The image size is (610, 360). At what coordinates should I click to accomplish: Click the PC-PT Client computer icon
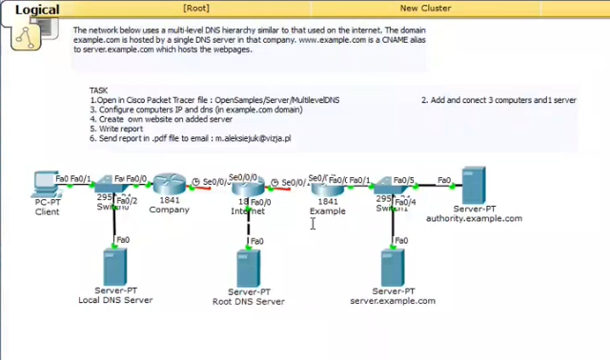[43, 182]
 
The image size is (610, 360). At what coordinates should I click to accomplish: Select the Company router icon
[171, 186]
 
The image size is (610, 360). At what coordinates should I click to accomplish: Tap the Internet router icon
[249, 186]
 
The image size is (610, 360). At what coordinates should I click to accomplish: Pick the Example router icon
[327, 186]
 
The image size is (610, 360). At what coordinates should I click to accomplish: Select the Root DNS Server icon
[250, 266]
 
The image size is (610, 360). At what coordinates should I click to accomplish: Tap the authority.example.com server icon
[474, 182]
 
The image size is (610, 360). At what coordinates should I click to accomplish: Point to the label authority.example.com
[474, 218]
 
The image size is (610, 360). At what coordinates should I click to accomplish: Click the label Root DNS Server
[249, 301]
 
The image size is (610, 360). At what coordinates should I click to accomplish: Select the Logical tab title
[36, 10]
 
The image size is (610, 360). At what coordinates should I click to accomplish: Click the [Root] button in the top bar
[196, 8]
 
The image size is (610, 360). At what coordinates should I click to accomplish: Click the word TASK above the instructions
[99, 90]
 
